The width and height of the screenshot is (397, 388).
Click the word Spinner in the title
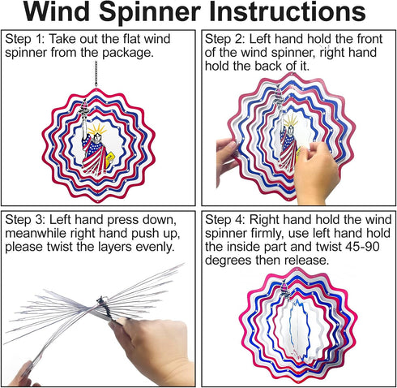(x=150, y=13)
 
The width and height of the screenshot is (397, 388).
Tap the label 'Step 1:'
(x=24, y=39)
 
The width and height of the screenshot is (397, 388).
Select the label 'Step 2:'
(x=224, y=39)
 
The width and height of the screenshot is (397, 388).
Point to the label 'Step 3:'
(x=24, y=220)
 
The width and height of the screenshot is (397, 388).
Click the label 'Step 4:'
(x=224, y=220)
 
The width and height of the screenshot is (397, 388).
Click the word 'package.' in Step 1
(x=128, y=53)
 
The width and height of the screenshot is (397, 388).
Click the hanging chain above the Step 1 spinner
(x=96, y=74)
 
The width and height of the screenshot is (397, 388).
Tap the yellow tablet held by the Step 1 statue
(x=109, y=161)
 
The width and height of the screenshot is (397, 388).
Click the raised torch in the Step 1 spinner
(x=83, y=108)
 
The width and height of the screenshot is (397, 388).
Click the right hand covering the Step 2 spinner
(x=316, y=173)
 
